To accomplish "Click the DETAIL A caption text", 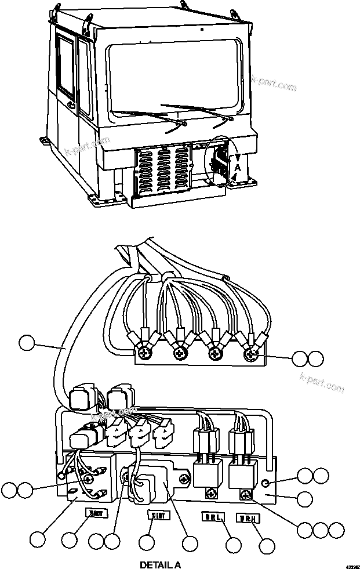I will click(x=161, y=564).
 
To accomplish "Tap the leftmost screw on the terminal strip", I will click(x=141, y=350).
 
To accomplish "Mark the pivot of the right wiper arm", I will click(x=230, y=118).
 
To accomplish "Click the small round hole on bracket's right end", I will click(x=265, y=483).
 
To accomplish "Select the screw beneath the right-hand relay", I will click(x=246, y=494).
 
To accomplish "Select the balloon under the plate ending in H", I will click(x=267, y=545).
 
